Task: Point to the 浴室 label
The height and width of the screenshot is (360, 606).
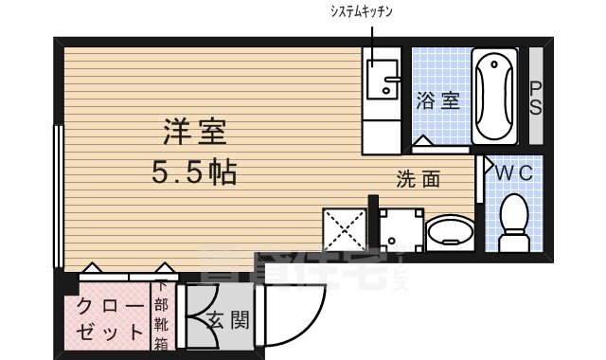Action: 437,100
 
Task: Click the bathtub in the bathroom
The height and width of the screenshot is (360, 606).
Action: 493,97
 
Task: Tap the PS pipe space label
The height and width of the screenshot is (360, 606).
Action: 536,97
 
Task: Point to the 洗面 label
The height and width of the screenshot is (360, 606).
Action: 419,177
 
